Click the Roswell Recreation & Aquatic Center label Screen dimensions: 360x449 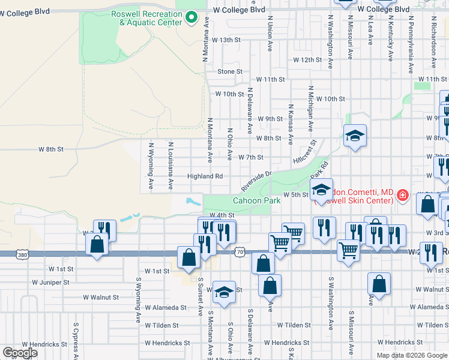point(146,18)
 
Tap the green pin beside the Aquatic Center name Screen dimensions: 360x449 point(191,17)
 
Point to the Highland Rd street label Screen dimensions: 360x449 point(205,176)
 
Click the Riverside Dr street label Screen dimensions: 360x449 point(257,178)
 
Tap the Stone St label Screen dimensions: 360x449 point(230,71)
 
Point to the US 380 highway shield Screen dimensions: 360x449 point(23,255)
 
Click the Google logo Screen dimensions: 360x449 point(20,352)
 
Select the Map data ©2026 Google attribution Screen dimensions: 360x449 point(412,355)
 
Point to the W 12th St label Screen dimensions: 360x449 point(307,60)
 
